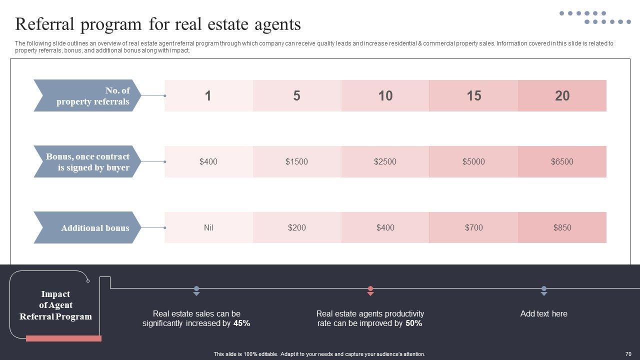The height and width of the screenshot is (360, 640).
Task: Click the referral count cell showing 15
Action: click(473, 95)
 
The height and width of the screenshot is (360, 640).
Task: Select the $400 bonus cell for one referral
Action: click(208, 161)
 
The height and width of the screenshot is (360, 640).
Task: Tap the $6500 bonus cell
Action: click(562, 161)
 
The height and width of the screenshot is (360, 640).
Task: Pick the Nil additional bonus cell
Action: click(208, 227)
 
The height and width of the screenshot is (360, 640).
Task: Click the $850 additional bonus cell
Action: click(562, 227)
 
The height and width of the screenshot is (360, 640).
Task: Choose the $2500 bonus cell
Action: click(385, 161)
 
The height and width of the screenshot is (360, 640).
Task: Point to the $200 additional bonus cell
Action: click(296, 227)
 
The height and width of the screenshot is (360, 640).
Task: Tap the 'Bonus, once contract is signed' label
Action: click(88, 161)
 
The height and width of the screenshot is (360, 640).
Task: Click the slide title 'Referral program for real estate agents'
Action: click(158, 24)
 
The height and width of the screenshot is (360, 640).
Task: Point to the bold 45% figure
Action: click(241, 323)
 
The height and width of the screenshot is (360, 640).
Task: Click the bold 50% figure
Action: click(413, 323)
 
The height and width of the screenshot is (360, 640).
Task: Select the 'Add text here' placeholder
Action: click(543, 314)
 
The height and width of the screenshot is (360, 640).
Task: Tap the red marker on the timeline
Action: click(370, 290)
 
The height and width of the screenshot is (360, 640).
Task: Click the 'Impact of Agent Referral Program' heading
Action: click(55, 305)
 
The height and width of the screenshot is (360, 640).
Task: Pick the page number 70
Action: click(628, 354)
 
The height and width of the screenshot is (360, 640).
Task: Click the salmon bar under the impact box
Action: click(63, 338)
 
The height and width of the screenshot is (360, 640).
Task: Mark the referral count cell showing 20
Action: click(562, 95)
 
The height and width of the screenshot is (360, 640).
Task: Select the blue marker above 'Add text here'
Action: click(544, 290)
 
